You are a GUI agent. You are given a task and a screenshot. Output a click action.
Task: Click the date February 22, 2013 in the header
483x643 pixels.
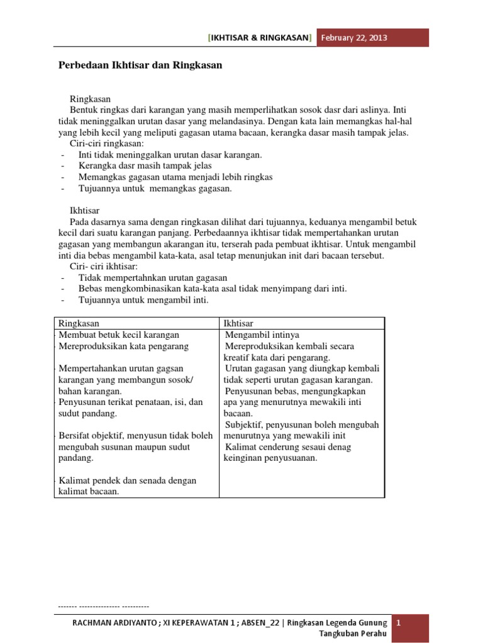[354, 38]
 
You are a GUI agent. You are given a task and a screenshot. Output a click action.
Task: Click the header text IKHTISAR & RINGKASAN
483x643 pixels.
[260, 38]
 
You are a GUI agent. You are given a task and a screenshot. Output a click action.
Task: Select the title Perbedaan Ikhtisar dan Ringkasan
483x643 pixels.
[140, 65]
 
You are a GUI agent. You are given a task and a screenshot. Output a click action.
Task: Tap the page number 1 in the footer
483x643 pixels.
[398, 622]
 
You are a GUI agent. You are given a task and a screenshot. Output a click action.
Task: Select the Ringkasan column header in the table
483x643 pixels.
[79, 323]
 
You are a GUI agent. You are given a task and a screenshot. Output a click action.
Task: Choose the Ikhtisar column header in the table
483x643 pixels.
[239, 323]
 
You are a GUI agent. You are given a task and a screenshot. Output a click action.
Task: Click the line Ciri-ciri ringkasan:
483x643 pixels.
[106, 143]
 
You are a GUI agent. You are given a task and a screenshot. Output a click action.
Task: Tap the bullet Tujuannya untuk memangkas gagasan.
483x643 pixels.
[155, 188]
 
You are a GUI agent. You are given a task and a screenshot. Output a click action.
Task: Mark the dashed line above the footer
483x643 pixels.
[103, 607]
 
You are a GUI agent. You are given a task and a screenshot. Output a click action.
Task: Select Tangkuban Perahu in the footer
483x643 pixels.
[353, 633]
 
